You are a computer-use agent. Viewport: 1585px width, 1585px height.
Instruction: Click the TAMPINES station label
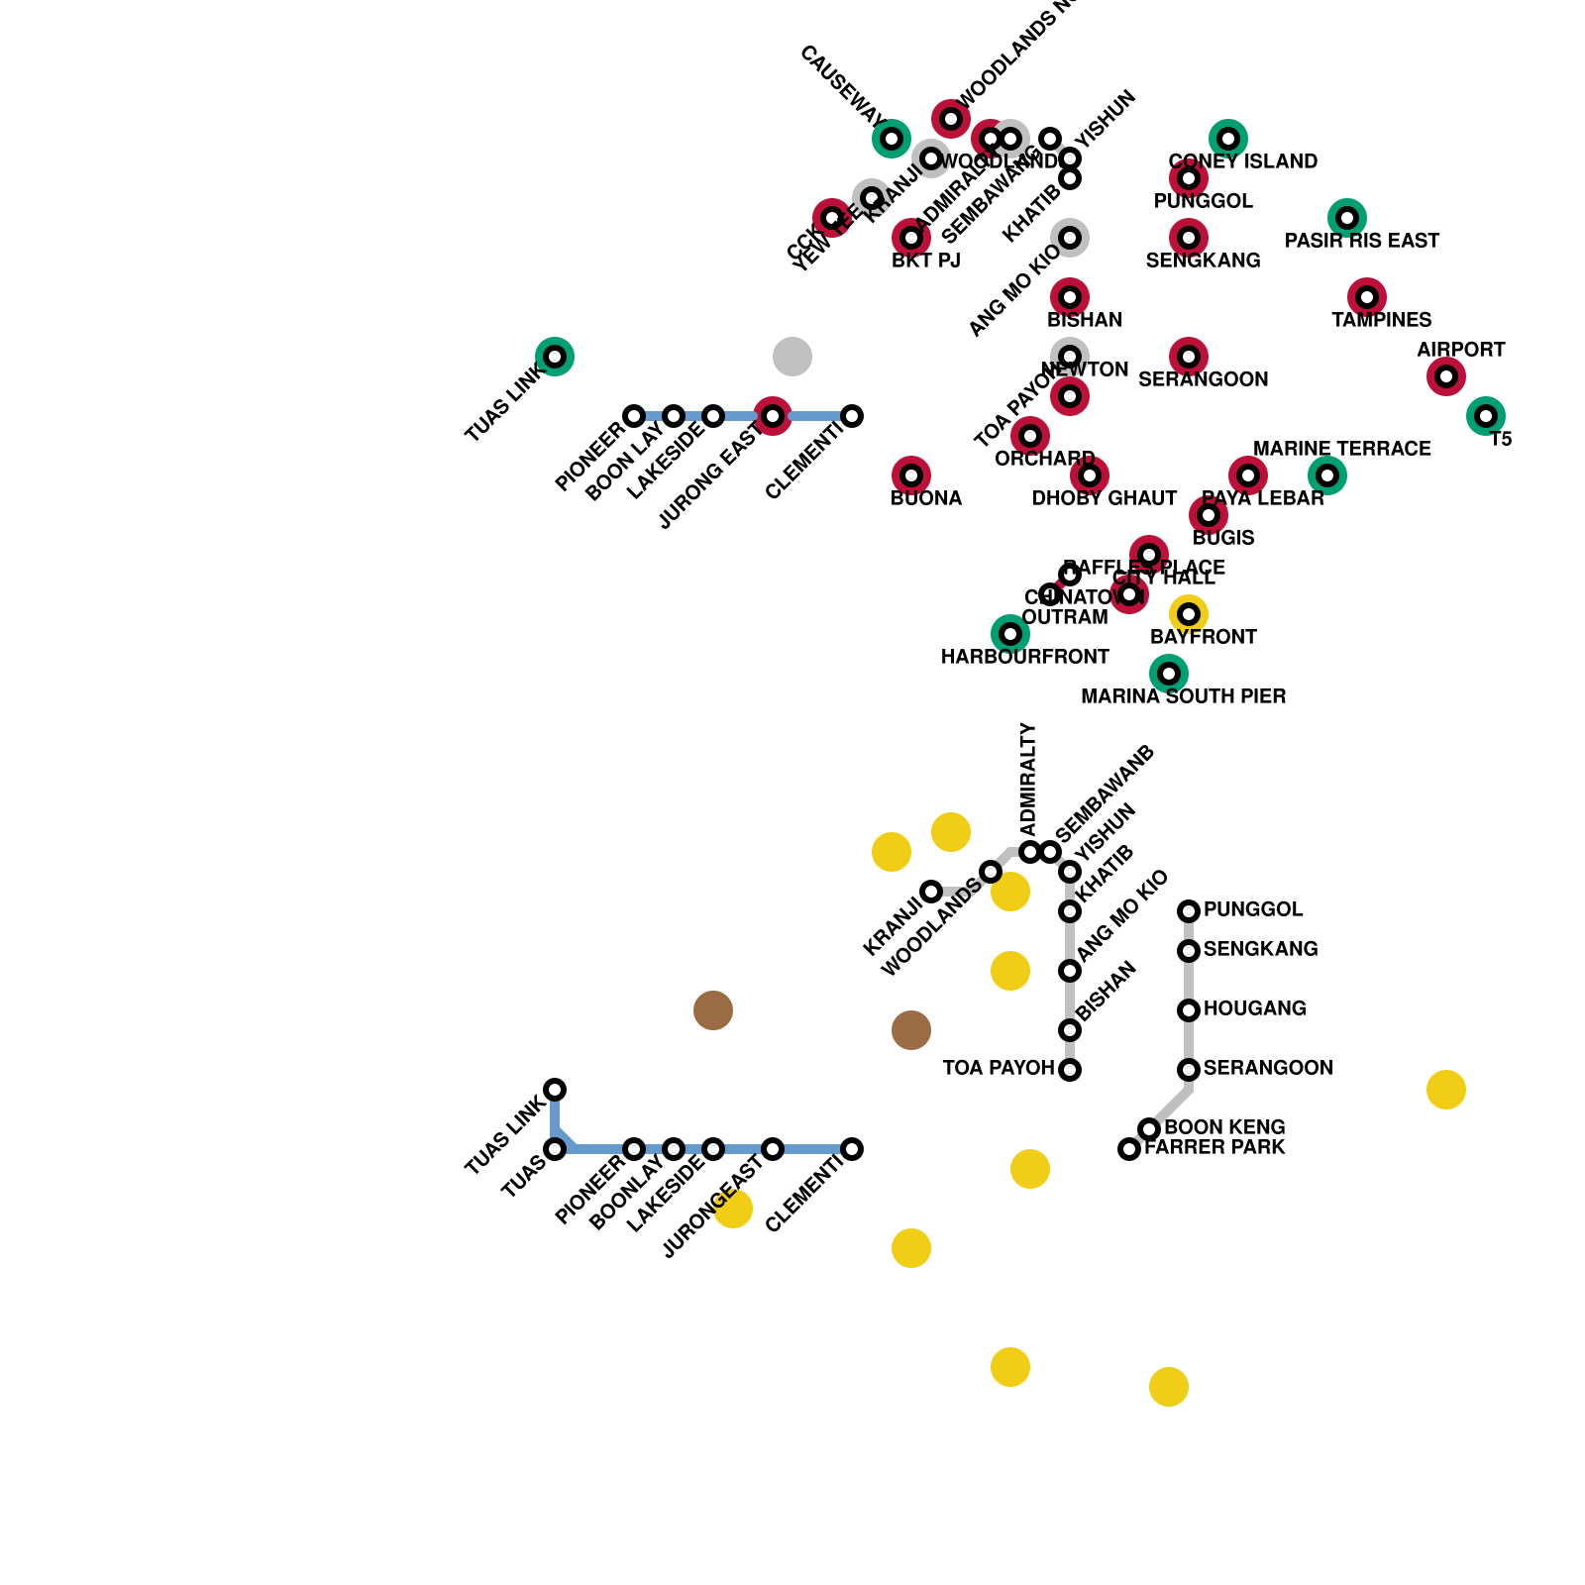point(1381,320)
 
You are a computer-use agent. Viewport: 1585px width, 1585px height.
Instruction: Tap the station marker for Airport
point(1446,376)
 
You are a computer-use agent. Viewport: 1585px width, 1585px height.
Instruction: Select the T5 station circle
point(1486,416)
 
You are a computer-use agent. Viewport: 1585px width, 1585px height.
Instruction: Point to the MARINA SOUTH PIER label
point(1183,696)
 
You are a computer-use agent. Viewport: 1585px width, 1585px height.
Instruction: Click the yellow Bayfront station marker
point(1189,614)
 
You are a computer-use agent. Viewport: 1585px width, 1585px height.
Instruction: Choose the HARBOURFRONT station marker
point(1010,634)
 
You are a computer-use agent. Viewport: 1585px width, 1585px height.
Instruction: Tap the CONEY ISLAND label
point(1242,161)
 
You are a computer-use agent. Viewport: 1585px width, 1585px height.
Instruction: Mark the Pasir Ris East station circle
point(1347,218)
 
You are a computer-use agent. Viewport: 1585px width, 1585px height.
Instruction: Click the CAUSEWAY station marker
point(892,139)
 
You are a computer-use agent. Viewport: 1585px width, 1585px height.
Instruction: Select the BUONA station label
point(926,498)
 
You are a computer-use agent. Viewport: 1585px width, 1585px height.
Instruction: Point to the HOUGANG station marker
point(1189,1010)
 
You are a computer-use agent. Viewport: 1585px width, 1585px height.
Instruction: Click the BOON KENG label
point(1224,1127)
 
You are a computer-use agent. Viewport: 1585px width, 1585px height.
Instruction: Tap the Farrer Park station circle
point(1129,1149)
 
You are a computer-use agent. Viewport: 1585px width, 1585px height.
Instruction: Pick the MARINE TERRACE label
point(1341,449)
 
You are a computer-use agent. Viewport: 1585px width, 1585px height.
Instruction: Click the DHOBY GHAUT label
point(1105,498)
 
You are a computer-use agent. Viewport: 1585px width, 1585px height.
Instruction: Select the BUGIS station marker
point(1209,515)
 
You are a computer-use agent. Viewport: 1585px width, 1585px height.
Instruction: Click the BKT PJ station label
point(926,261)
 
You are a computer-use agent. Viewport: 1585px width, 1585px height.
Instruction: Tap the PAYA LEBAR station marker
point(1248,475)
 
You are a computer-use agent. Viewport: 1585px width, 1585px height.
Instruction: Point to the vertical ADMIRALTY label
point(1028,779)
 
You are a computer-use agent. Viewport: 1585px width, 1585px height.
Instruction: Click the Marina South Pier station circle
point(1169,674)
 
